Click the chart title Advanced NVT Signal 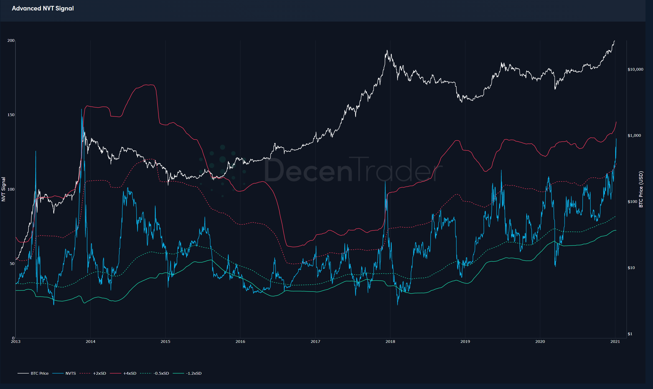tap(43, 8)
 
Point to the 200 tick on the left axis tap(11, 40)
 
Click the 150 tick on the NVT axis tap(11, 115)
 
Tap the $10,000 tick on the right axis tap(635, 69)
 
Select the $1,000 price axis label tap(634, 135)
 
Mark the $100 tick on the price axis tap(633, 202)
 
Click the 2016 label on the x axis tap(240, 342)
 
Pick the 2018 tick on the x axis tap(390, 342)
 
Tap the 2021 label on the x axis tap(615, 342)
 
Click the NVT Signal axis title tap(3, 189)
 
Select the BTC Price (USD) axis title tap(641, 189)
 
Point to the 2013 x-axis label tap(15, 342)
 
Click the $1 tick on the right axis tap(630, 334)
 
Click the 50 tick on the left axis tap(12, 264)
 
